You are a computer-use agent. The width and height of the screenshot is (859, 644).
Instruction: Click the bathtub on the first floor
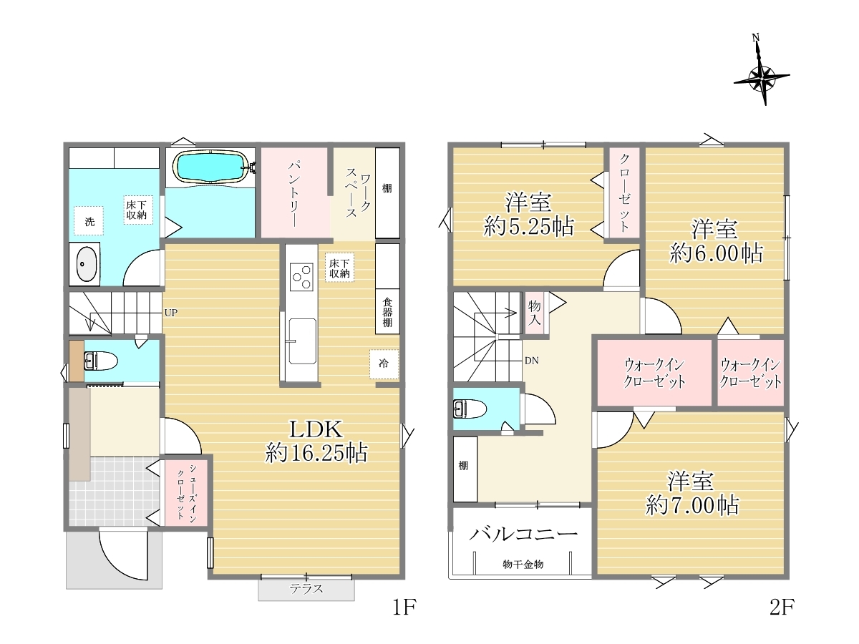pos(210,167)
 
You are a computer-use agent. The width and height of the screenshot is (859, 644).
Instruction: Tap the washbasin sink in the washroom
pos(87,264)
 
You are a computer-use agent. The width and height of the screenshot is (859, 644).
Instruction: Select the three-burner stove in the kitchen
pos(301,277)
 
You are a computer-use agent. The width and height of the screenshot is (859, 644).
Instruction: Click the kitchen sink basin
pos(302,341)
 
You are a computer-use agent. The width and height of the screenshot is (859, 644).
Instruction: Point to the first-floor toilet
pos(101,361)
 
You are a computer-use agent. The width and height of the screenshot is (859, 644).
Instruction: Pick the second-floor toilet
pos(470,409)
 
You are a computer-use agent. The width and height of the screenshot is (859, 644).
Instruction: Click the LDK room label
pos(316,429)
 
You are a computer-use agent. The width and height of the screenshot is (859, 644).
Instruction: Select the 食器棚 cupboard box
pos(387,312)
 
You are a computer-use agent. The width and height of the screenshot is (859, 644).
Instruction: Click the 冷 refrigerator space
pos(384,364)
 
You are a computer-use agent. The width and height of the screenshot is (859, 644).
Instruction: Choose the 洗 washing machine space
pos(89,221)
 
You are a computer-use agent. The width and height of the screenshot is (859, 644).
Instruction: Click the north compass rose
pos(762,78)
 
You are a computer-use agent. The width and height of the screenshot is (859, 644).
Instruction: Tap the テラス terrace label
pos(306,588)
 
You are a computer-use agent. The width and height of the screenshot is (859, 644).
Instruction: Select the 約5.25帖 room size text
pos(528,226)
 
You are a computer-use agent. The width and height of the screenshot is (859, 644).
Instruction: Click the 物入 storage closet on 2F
pos(534,313)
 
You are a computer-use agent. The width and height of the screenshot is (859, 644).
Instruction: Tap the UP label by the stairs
pos(170,313)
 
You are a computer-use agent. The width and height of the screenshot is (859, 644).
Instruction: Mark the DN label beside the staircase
pos(531,361)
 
